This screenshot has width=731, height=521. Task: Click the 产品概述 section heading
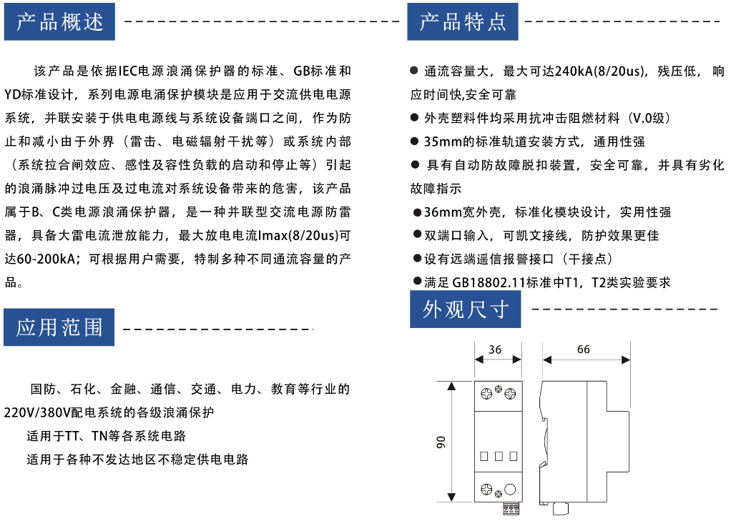59,21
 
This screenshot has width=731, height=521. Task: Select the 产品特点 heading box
463,21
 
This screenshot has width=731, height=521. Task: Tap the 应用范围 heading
59,327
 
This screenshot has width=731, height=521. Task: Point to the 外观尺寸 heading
465,309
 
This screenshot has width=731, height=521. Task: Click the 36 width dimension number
495,349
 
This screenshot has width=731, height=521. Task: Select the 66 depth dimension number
584,349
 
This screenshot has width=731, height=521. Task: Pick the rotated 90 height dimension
441,442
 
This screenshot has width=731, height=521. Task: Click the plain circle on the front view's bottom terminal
511,490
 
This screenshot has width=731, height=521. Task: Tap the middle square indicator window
499,456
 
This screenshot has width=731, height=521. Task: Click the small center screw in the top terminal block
499,389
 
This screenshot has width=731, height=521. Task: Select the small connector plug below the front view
511,508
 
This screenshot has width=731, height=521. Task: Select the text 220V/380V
38,412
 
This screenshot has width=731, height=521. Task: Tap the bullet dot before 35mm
414,142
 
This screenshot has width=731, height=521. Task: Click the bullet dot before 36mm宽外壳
417,213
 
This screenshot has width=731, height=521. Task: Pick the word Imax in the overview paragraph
273,236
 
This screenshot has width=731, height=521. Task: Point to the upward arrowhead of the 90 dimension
451,386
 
